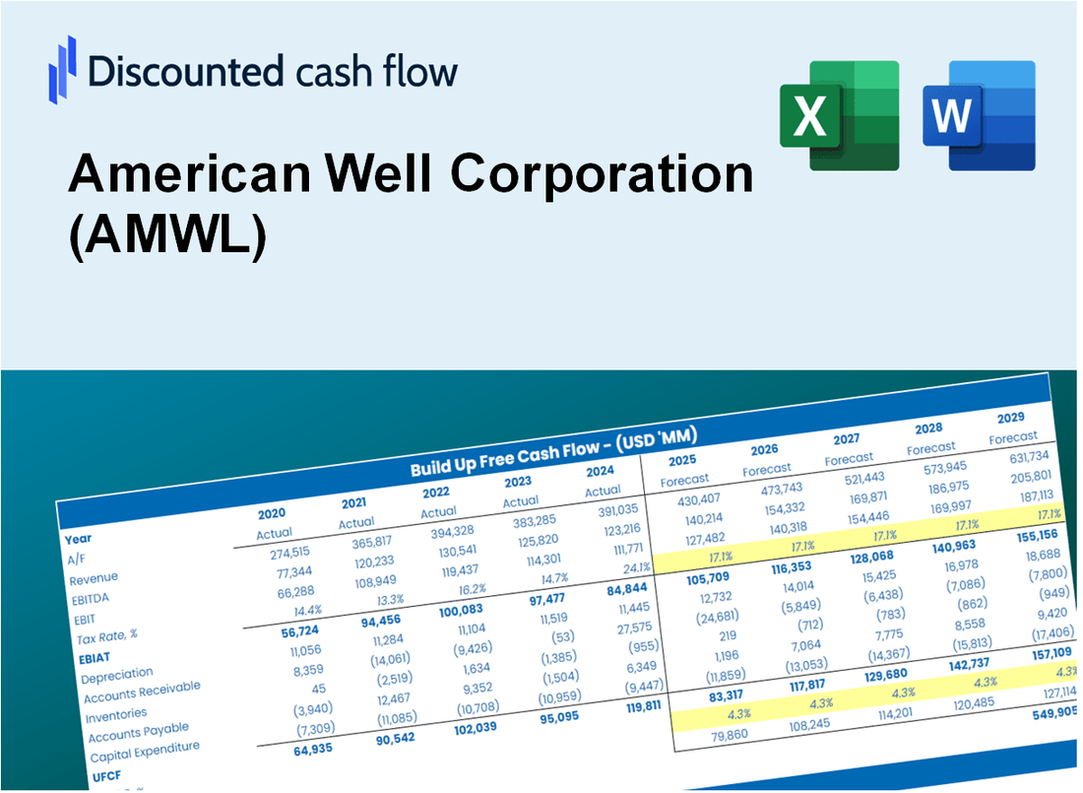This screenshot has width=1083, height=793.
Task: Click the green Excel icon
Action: click(839, 115)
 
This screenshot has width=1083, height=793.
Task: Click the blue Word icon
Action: click(979, 115)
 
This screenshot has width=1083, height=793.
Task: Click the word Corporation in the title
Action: click(602, 174)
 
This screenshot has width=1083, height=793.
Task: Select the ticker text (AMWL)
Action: click(167, 239)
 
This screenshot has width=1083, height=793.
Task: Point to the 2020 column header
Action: click(273, 513)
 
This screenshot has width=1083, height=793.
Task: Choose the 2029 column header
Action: click(1011, 418)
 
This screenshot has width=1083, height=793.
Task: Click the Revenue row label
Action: click(94, 577)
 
